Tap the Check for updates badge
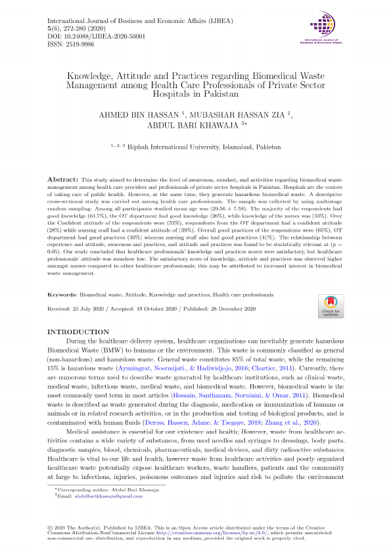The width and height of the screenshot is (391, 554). tap(330, 303)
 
